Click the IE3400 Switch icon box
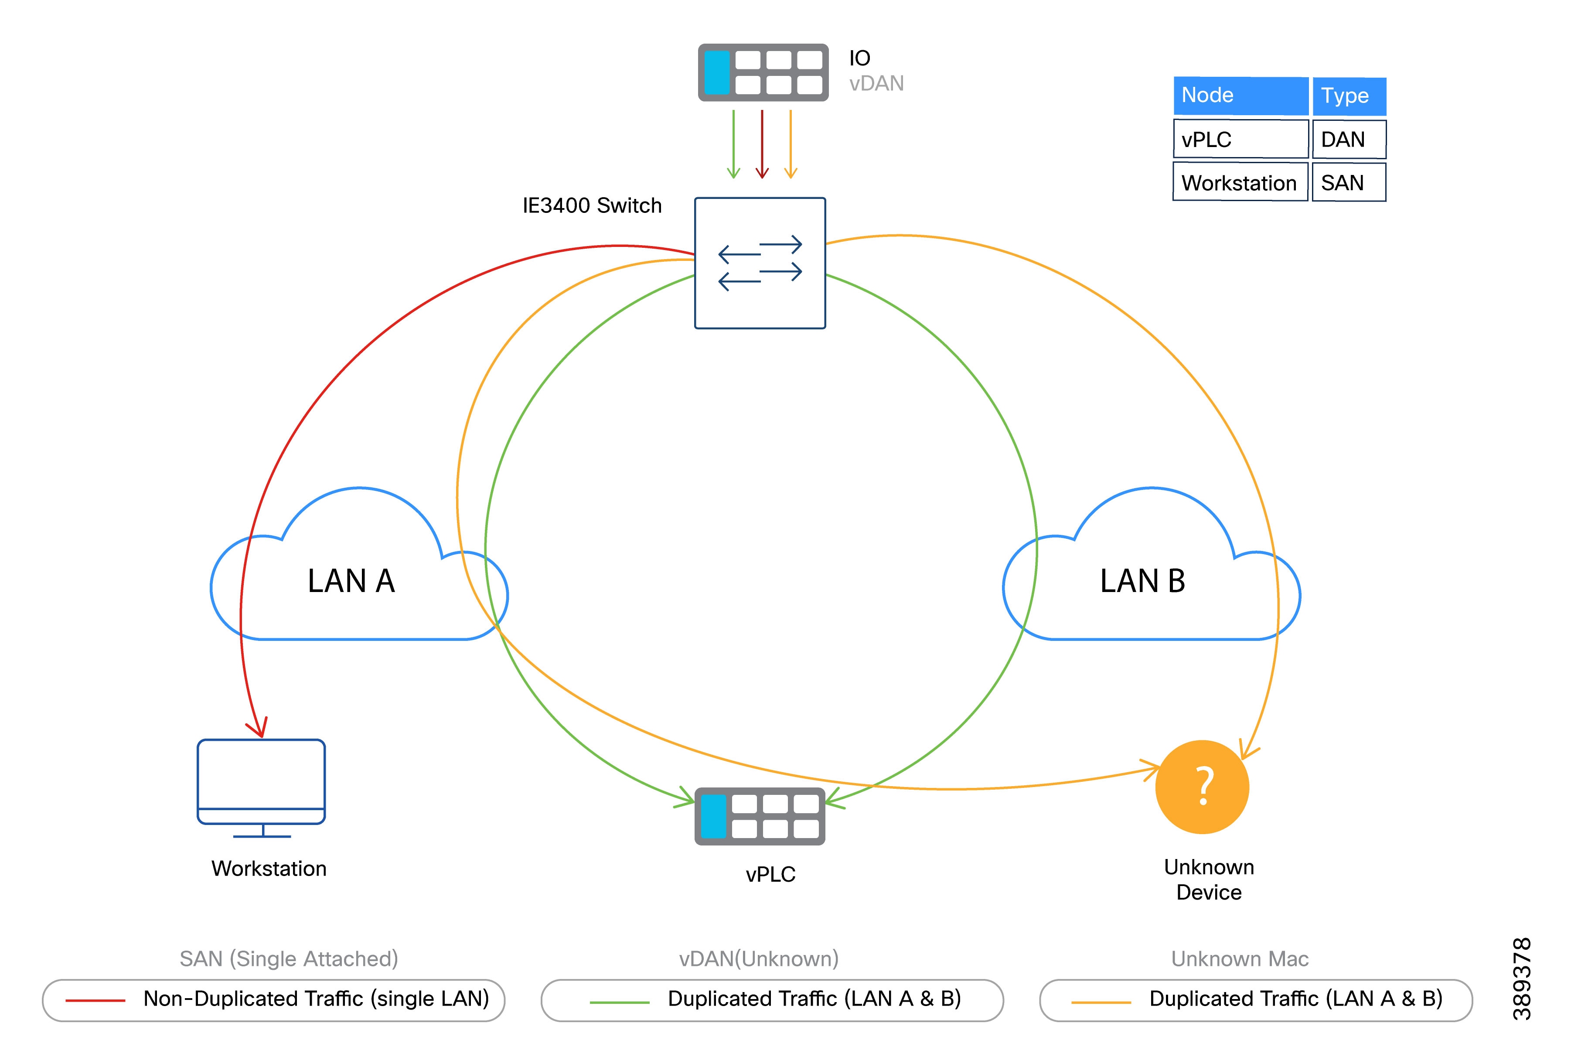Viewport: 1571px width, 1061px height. (760, 263)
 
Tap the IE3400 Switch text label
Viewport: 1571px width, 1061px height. (592, 205)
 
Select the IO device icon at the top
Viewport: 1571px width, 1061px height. (763, 72)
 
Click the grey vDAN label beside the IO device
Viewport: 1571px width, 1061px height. (876, 83)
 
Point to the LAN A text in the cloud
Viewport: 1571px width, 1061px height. (351, 581)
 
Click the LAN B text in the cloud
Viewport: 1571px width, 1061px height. (1142, 581)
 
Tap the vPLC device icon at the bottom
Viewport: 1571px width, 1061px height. (760, 816)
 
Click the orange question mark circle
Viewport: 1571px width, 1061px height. (1202, 787)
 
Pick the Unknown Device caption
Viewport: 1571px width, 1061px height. (1209, 880)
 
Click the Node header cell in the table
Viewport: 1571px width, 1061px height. (1240, 96)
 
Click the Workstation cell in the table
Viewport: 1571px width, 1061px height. (1240, 183)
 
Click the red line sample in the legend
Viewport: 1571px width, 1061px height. (95, 1000)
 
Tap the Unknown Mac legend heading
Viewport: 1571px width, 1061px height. (1240, 959)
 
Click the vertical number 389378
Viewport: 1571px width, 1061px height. (1521, 979)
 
